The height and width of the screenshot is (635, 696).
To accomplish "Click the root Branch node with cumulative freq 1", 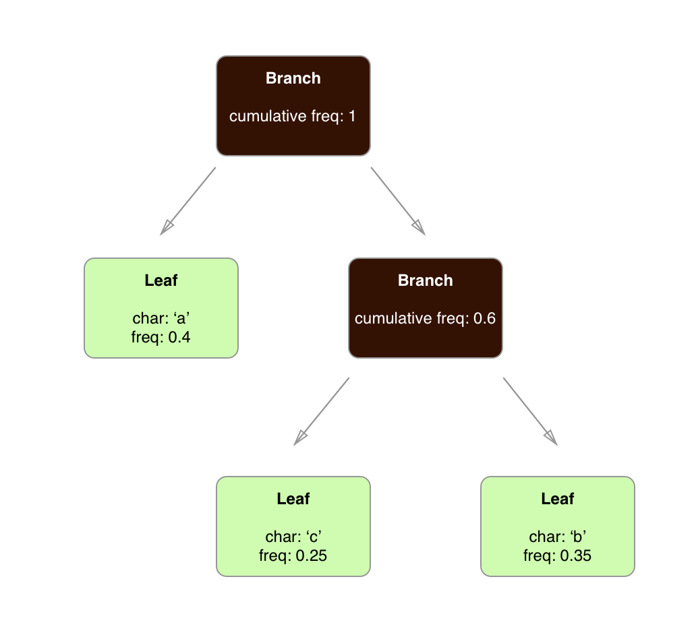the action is (293, 105).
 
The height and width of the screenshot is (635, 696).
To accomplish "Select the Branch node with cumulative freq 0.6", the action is (425, 307).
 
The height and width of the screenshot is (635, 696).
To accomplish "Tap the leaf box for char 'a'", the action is (161, 307).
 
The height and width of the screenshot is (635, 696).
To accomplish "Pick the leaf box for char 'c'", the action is (293, 526).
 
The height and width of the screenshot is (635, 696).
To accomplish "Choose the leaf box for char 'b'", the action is (557, 526).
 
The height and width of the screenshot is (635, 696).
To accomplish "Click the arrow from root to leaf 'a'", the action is (188, 200).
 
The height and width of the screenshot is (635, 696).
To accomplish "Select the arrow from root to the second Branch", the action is (398, 200).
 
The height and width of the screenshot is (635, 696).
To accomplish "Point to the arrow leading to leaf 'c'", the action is (322, 411).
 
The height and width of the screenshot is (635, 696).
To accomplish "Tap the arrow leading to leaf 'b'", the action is (530, 411).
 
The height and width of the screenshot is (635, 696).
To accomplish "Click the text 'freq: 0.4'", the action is (161, 337).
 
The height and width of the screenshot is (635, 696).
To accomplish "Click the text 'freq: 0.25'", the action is (293, 556).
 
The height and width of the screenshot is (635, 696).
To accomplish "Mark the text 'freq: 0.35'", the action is (557, 556).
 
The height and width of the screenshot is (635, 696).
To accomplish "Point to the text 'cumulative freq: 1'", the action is (293, 116).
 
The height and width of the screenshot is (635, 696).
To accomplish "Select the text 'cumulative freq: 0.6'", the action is (425, 318).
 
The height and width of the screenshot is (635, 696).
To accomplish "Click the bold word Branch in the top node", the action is (293, 78).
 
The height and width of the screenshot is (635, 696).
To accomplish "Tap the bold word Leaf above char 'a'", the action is (161, 280).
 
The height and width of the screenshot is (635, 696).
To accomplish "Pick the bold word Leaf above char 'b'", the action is (557, 499).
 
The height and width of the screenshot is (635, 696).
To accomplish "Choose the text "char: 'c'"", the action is (293, 537).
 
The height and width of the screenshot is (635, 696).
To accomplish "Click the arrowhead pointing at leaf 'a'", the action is (166, 228).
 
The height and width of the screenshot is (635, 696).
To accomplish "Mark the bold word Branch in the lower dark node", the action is (425, 280).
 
